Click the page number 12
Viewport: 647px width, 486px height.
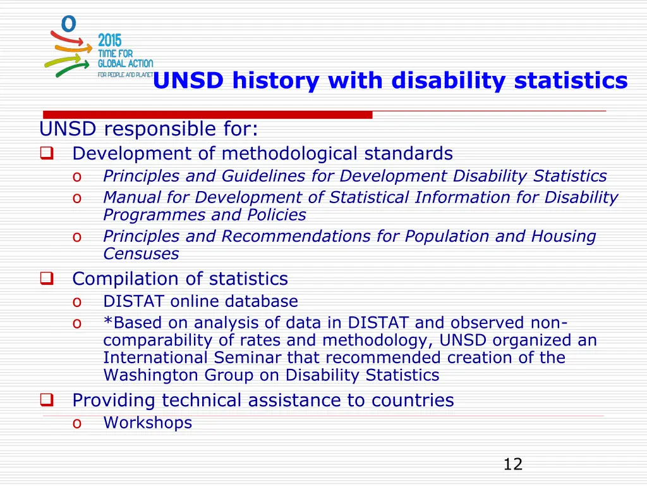(512, 464)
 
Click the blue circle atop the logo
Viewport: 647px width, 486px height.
(68, 23)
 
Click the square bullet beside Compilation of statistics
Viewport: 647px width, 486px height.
(47, 279)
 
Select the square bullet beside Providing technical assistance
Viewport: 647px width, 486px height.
(47, 401)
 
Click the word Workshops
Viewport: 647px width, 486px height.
(147, 423)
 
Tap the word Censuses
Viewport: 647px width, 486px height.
(141, 254)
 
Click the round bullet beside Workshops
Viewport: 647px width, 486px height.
(76, 423)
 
